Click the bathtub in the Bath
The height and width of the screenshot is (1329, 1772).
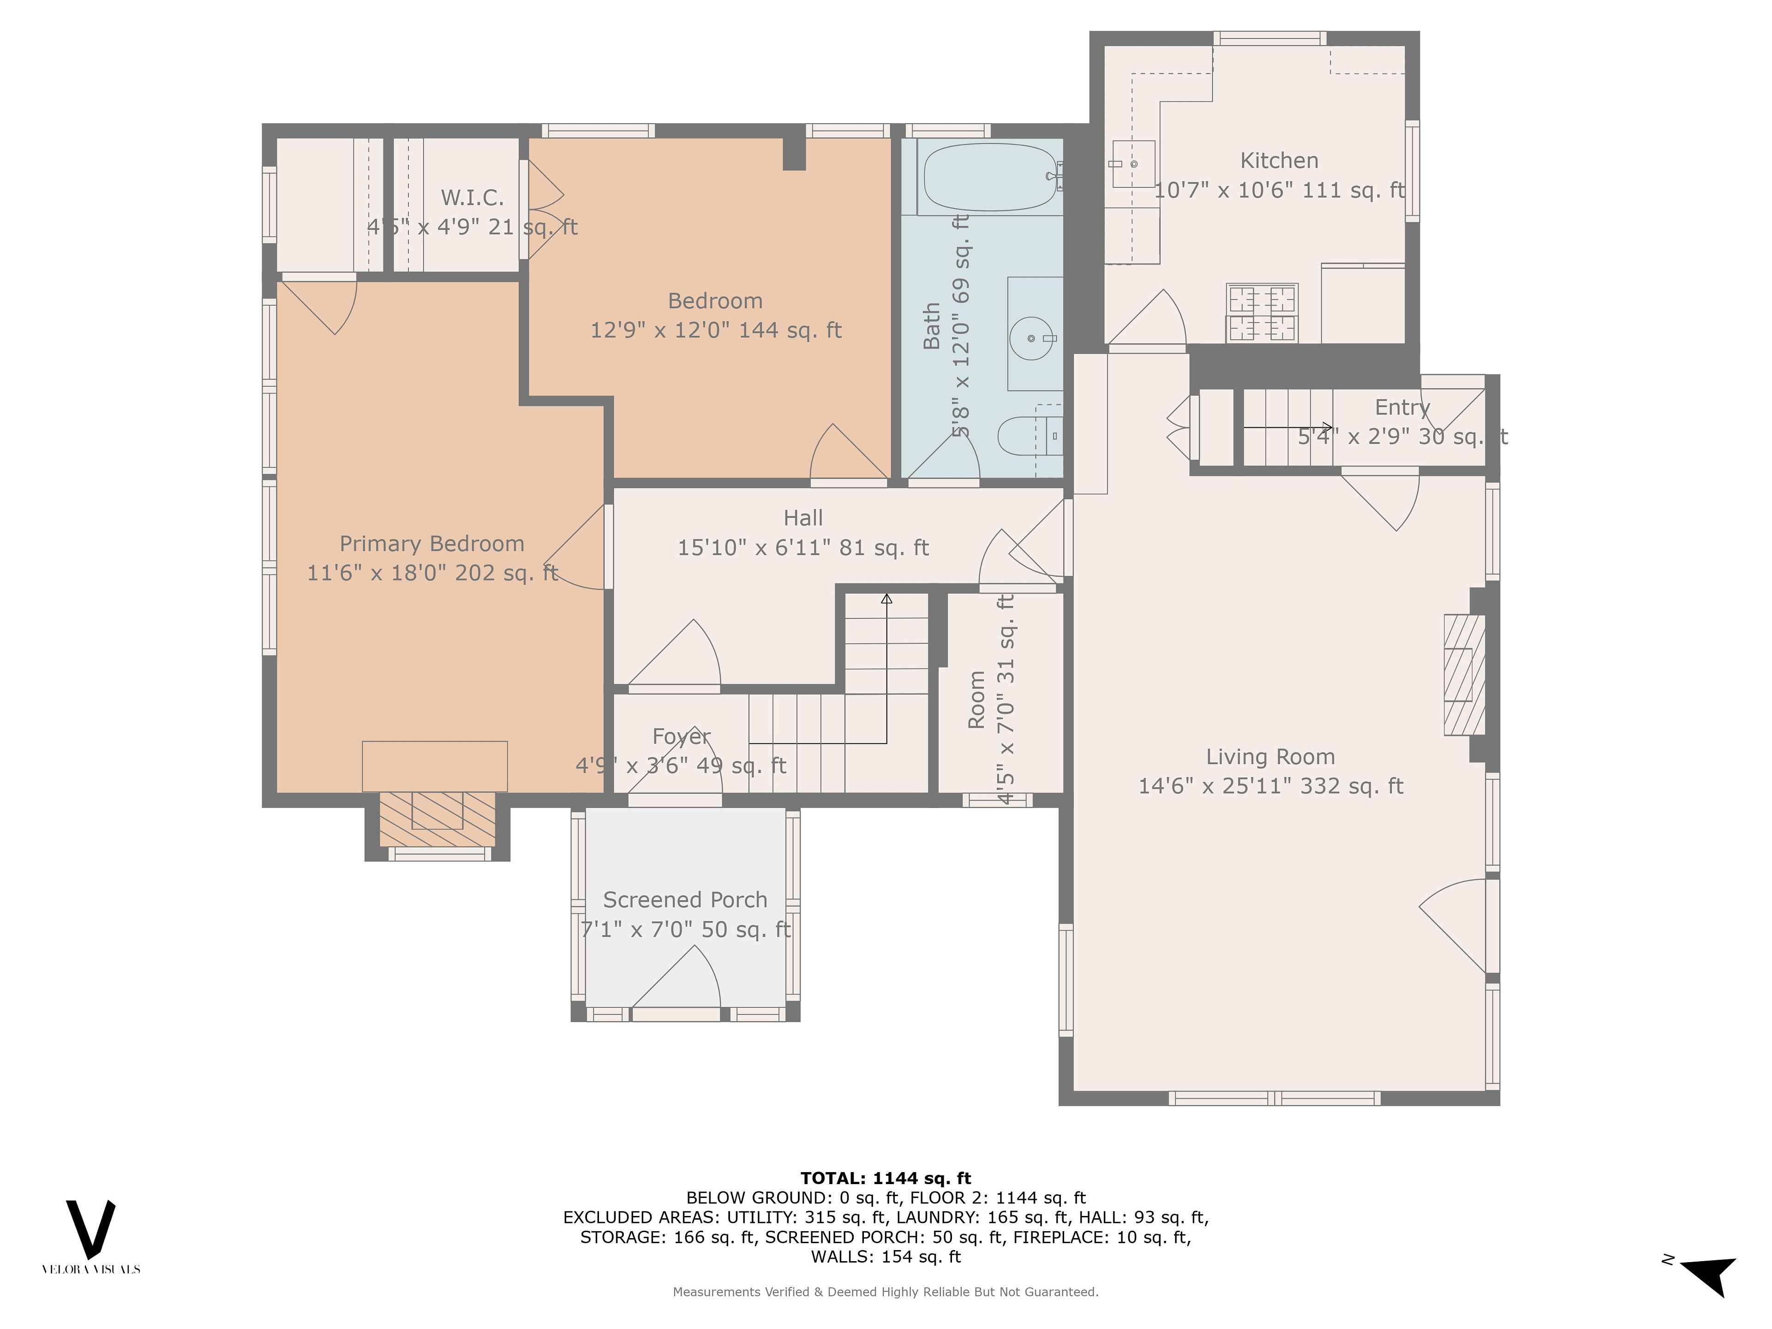[990, 177]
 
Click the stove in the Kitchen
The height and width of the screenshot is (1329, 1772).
[1262, 312]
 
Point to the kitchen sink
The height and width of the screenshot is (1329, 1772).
[1133, 163]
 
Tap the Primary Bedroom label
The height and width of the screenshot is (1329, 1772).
[432, 544]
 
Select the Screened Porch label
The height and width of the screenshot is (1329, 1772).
[685, 900]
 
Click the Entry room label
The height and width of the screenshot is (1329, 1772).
[1402, 408]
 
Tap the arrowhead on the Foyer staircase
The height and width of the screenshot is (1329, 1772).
[887, 598]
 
